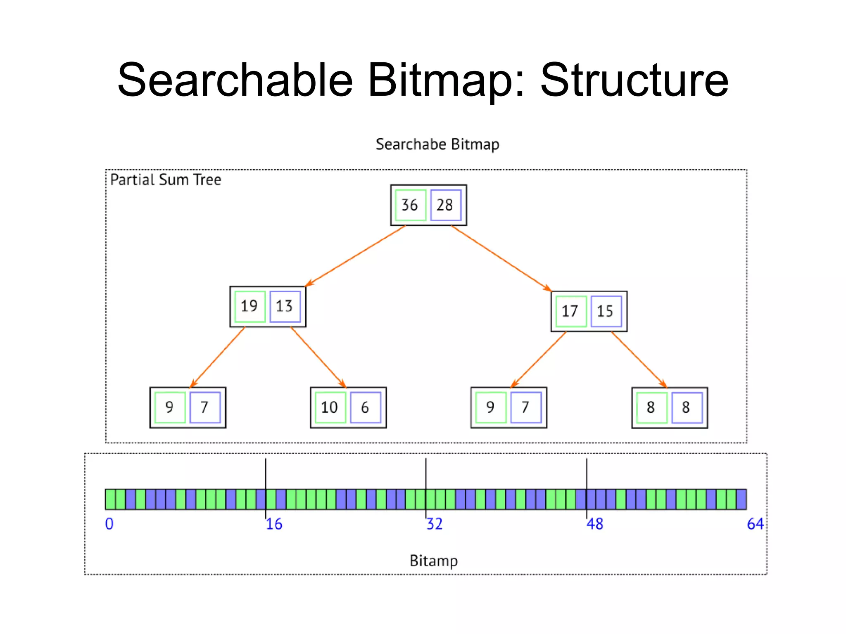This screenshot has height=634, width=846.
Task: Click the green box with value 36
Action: [410, 205]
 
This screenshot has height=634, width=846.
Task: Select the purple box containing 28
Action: [445, 205]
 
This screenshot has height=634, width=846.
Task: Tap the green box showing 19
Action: [250, 306]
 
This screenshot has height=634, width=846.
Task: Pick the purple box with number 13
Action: [285, 306]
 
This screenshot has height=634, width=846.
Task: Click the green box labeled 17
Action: [570, 311]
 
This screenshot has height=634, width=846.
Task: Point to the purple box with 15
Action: [606, 311]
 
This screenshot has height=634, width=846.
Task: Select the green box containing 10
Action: [330, 407]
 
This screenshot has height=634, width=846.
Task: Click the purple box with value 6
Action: [365, 407]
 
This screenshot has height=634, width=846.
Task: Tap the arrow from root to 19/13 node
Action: [355, 256]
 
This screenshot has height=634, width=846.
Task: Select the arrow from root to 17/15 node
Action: [501, 258]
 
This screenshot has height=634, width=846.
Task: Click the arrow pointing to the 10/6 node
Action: [318, 357]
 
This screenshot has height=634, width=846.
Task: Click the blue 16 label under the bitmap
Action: [274, 524]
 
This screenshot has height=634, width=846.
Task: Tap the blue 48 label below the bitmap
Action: [595, 524]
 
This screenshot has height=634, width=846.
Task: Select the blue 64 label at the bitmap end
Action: [755, 524]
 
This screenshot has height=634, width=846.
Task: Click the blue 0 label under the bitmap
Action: [109, 524]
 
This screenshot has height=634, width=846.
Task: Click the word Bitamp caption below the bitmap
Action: [433, 561]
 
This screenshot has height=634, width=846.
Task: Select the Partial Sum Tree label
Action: [166, 180]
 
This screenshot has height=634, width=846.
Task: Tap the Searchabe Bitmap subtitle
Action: [437, 144]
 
